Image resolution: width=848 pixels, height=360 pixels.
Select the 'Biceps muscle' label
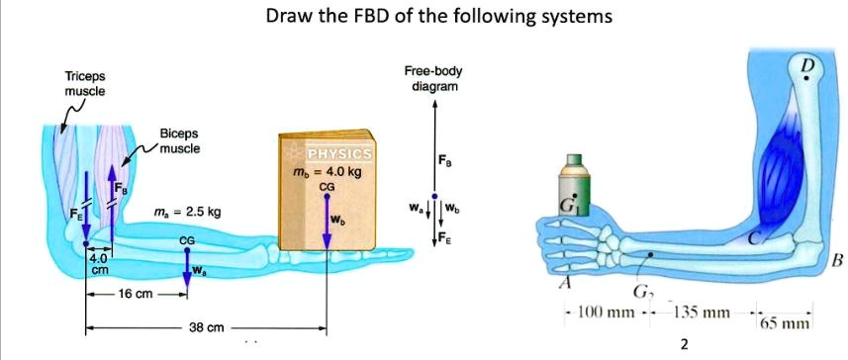[179, 140]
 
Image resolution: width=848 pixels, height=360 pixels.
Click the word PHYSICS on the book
[339, 154]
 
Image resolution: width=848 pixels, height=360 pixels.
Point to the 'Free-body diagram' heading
[432, 79]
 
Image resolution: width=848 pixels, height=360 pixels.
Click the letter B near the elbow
[837, 261]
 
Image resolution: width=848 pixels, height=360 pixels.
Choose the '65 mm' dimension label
[785, 322]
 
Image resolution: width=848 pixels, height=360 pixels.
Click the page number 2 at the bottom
[683, 344]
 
